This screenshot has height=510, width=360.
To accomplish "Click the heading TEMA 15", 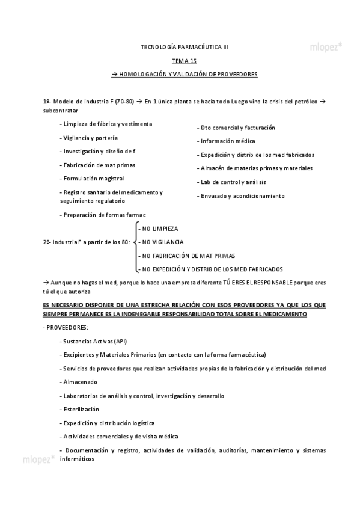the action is point(184,61).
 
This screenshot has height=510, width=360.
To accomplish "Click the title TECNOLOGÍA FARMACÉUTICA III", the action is point(184,46).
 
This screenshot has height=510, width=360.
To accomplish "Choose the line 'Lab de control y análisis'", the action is point(233,182).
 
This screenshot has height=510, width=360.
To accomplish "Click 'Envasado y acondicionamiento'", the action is point(242,195).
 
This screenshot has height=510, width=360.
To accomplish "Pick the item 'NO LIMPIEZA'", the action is point(159,229).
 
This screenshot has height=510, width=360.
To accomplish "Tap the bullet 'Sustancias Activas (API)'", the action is point(94,340).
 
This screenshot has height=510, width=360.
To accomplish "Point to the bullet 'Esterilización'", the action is point(81,409).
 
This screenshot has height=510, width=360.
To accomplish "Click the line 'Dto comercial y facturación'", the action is point(236,127).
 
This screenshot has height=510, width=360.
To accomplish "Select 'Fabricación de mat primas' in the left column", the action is point(98,164).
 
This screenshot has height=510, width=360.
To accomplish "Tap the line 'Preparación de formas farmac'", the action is point(103,214).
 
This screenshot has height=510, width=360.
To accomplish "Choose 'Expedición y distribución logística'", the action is point(108,423).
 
